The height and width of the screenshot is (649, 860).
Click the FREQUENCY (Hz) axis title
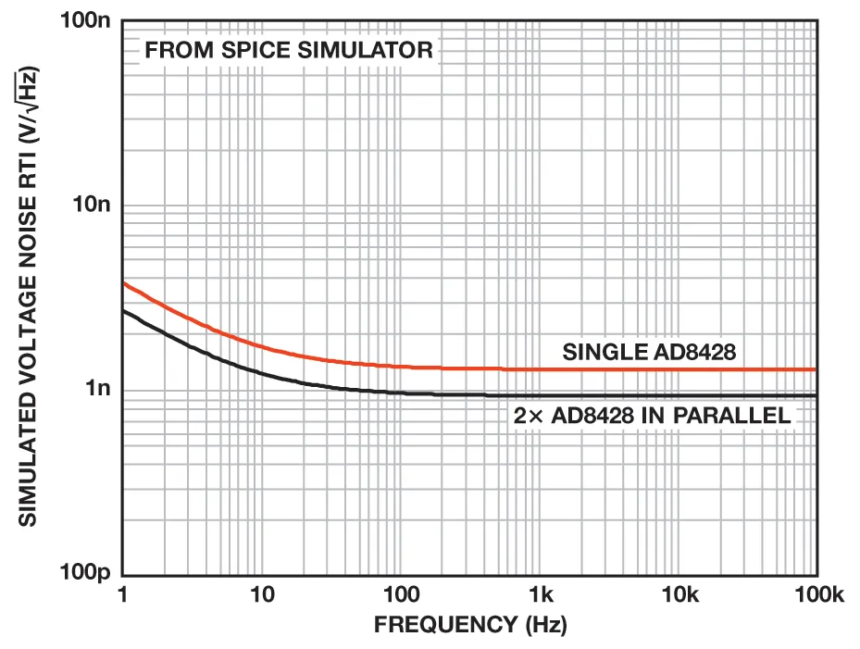click(469, 625)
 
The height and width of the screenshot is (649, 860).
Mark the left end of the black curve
click(124, 311)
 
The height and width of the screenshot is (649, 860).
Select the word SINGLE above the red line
click(599, 353)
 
